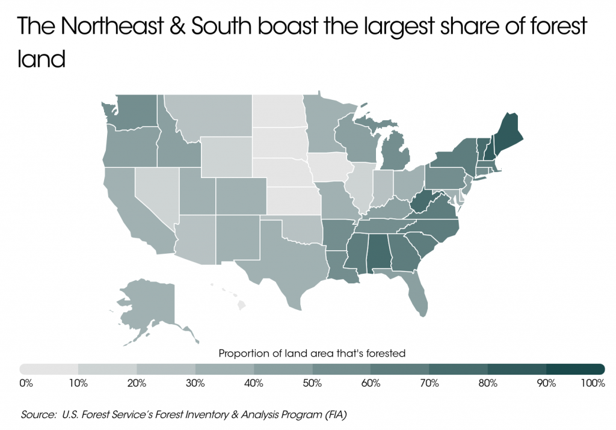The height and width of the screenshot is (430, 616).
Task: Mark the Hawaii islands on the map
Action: pyautogui.click(x=241, y=306)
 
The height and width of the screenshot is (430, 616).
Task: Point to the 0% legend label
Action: pyautogui.click(x=26, y=383)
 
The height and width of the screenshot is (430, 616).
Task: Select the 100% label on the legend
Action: pyautogui.click(x=593, y=383)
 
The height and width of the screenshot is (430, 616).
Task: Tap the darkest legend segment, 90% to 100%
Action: pyautogui.click(x=574, y=369)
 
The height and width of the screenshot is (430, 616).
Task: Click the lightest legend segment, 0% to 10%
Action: pyautogui.click(x=49, y=369)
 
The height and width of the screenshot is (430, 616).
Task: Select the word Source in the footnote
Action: pyautogui.click(x=35, y=414)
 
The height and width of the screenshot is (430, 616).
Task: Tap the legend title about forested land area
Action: pyautogui.click(x=312, y=353)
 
